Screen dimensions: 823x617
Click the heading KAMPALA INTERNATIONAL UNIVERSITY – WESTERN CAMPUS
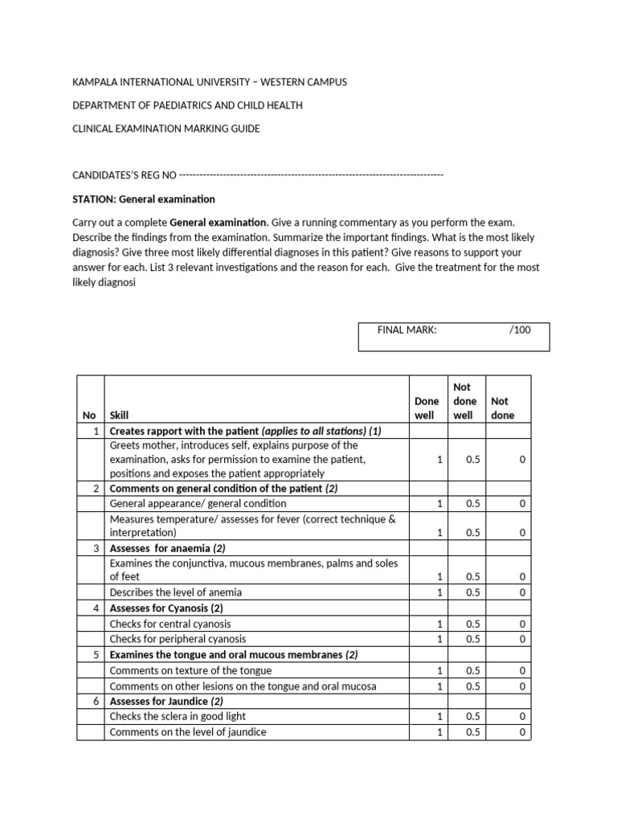pos(210,83)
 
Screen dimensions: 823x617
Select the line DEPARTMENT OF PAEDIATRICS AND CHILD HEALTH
pos(187,106)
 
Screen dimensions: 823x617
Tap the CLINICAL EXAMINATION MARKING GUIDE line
pos(166,129)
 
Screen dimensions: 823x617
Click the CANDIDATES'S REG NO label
pos(125,175)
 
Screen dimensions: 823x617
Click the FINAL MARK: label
pos(407,330)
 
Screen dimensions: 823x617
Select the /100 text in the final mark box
pos(520,330)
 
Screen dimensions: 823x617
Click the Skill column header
pos(119,416)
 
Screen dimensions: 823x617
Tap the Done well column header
pos(427,407)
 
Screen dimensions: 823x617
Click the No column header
pos(89,416)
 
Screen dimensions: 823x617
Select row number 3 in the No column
pos(96,548)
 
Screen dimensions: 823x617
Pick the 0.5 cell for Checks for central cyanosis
pos(473,624)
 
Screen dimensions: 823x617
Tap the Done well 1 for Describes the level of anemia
pos(439,592)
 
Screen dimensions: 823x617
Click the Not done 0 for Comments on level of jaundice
pos(522,732)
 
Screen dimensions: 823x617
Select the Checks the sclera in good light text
pos(178,716)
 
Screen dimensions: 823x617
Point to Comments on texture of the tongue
pos(190,670)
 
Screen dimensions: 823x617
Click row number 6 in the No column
pos(96,701)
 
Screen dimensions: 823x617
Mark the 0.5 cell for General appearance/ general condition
pos(473,503)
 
